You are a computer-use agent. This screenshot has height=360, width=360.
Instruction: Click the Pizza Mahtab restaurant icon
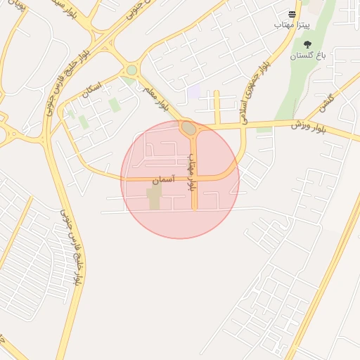[x=292, y=13]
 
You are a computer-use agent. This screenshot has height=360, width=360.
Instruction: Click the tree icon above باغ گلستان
[x=307, y=44]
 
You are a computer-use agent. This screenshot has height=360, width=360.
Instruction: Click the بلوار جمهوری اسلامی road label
[x=256, y=91]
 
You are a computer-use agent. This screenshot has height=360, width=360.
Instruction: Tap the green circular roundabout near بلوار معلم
[x=131, y=70]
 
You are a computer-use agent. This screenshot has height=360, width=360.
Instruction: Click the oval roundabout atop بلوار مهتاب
[x=188, y=128]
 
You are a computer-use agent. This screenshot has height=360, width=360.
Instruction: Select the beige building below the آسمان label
[x=154, y=198]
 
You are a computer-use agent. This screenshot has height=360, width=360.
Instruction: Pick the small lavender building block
[x=193, y=91]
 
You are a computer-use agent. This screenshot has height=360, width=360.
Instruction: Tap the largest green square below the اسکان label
[x=114, y=105]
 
